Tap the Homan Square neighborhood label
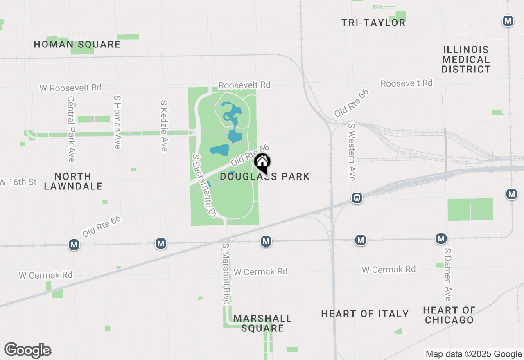point(77,44)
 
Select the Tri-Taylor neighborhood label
point(373,22)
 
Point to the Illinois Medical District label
point(466,59)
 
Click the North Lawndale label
point(73,181)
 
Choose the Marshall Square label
point(262,323)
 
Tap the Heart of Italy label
point(365,314)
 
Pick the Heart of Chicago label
point(449,315)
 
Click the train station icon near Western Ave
point(357,198)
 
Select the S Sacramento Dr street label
point(203,185)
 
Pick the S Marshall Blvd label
point(226,274)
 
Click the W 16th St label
point(18,182)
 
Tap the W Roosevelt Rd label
point(70,88)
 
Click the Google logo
point(27,351)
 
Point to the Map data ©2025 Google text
point(474,354)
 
